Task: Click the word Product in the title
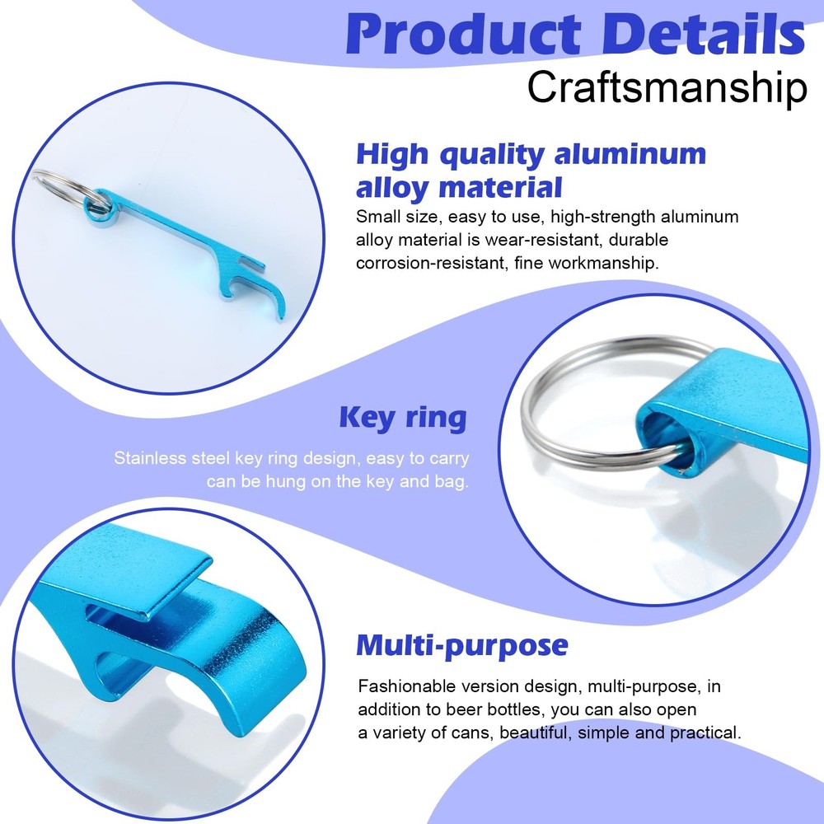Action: pyautogui.click(x=463, y=34)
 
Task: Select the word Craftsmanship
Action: pyautogui.click(x=667, y=87)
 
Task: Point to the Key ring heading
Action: pyautogui.click(x=403, y=419)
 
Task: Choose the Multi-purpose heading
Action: pyautogui.click(x=462, y=646)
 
